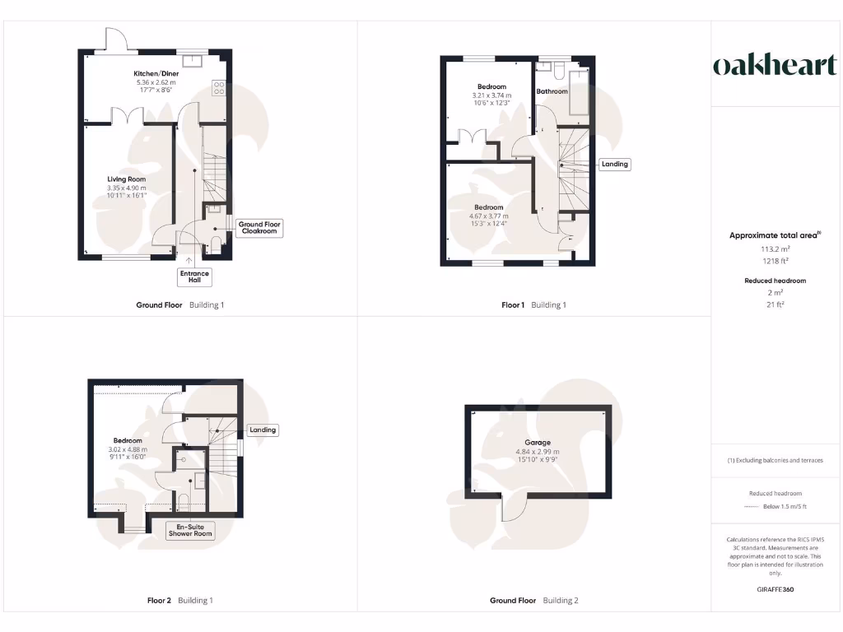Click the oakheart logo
(x=774, y=66)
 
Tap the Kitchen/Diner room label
(x=156, y=73)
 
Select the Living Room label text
(x=126, y=179)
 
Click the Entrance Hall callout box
(x=194, y=276)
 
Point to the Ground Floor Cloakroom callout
(x=259, y=228)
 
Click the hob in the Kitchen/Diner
(x=220, y=87)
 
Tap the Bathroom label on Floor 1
(x=552, y=91)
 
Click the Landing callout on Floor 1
(x=614, y=164)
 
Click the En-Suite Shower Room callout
(x=190, y=530)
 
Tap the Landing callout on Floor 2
(x=263, y=430)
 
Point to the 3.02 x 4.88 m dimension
(x=128, y=449)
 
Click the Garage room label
(x=538, y=442)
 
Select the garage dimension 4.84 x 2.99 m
(x=538, y=451)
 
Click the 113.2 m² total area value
(x=774, y=248)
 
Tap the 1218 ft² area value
(x=774, y=260)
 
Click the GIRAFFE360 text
(x=774, y=589)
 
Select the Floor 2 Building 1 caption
(x=179, y=601)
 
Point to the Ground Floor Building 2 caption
(x=533, y=601)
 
